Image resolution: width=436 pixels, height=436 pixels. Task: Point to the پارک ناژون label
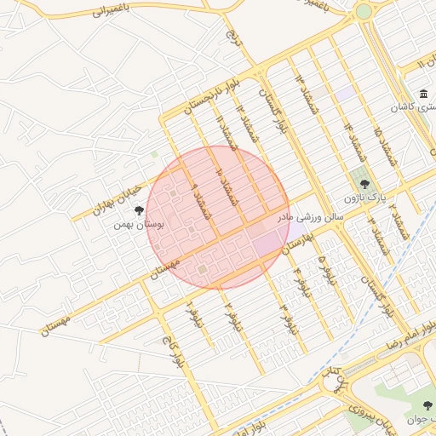tap(367, 198)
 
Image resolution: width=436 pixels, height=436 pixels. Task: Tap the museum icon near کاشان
tap(423, 95)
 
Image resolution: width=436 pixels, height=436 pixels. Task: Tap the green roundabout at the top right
tap(364, 12)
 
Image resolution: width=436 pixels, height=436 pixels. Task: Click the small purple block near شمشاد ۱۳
tap(344, 91)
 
